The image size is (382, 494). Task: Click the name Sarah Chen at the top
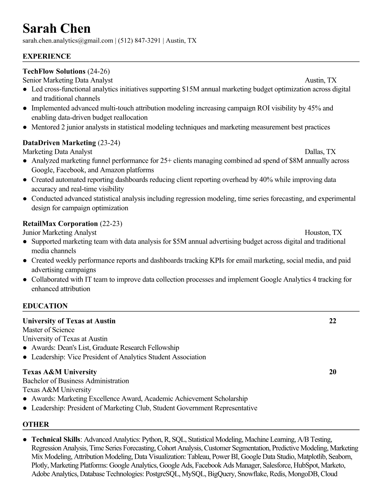point(56,29)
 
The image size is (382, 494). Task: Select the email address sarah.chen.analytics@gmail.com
point(68,41)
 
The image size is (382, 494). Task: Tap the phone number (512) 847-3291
point(139,41)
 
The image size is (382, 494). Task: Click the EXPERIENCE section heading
point(47,56)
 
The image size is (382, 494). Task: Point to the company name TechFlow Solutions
point(54,71)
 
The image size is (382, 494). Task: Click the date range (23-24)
point(109,143)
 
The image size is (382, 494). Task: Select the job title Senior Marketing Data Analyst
point(68,80)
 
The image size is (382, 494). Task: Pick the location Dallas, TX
point(320,152)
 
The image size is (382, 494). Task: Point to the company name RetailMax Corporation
point(60,224)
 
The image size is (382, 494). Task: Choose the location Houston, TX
point(323,233)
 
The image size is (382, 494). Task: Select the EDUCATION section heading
point(45,306)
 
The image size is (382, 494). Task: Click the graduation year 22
point(333,321)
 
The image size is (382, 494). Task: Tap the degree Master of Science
point(48,330)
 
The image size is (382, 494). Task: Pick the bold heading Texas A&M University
point(60,372)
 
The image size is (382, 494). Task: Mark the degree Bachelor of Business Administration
point(76,381)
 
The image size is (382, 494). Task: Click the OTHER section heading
point(36,424)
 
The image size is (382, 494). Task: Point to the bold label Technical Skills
point(56,440)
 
